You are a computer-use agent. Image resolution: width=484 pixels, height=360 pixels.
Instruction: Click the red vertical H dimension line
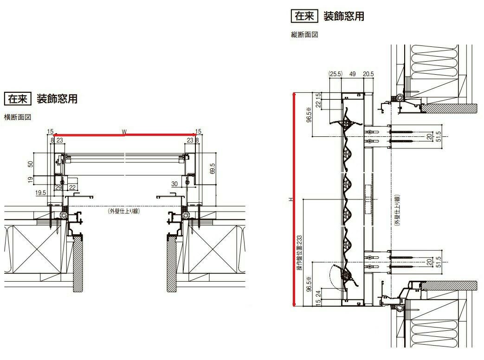pyautogui.click(x=293, y=199)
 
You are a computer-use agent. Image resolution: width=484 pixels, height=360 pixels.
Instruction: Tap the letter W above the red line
pyautogui.click(x=124, y=131)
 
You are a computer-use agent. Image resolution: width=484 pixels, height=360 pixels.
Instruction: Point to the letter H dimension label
pyautogui.click(x=290, y=199)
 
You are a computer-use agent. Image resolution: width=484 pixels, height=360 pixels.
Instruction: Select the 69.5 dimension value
pyautogui.click(x=213, y=168)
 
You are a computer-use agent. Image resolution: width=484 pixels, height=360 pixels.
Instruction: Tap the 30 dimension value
pyautogui.click(x=174, y=184)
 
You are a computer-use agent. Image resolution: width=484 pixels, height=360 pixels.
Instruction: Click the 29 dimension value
pyautogui.click(x=59, y=187)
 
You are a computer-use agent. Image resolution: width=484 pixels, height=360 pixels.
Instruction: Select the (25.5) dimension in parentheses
pyautogui.click(x=335, y=74)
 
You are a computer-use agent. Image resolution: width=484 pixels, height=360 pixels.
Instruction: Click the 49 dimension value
pyautogui.click(x=352, y=74)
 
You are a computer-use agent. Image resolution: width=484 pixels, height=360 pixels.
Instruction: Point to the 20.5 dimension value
pyautogui.click(x=368, y=74)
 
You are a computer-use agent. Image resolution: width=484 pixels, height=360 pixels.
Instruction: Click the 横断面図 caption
pyautogui.click(x=18, y=117)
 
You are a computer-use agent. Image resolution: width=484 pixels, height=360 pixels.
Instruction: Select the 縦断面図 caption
pyautogui.click(x=304, y=35)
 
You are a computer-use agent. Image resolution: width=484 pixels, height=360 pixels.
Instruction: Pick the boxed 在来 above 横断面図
pyautogui.click(x=18, y=99)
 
